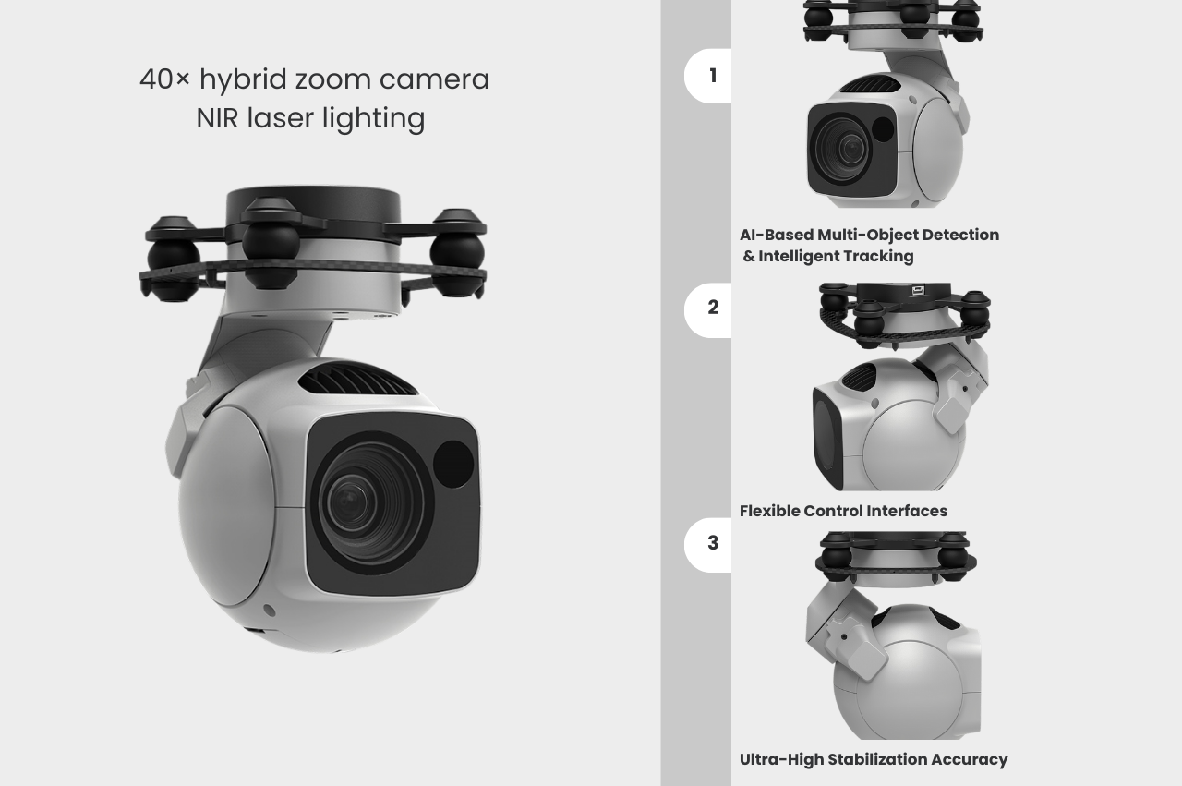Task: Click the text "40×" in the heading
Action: [x=164, y=79]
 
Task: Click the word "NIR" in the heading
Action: [x=217, y=118]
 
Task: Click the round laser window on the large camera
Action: [x=453, y=465]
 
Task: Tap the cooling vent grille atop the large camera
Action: [x=357, y=379]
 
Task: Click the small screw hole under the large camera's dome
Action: [x=269, y=611]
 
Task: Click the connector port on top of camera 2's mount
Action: [x=918, y=290]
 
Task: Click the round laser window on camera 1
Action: [x=882, y=128]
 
